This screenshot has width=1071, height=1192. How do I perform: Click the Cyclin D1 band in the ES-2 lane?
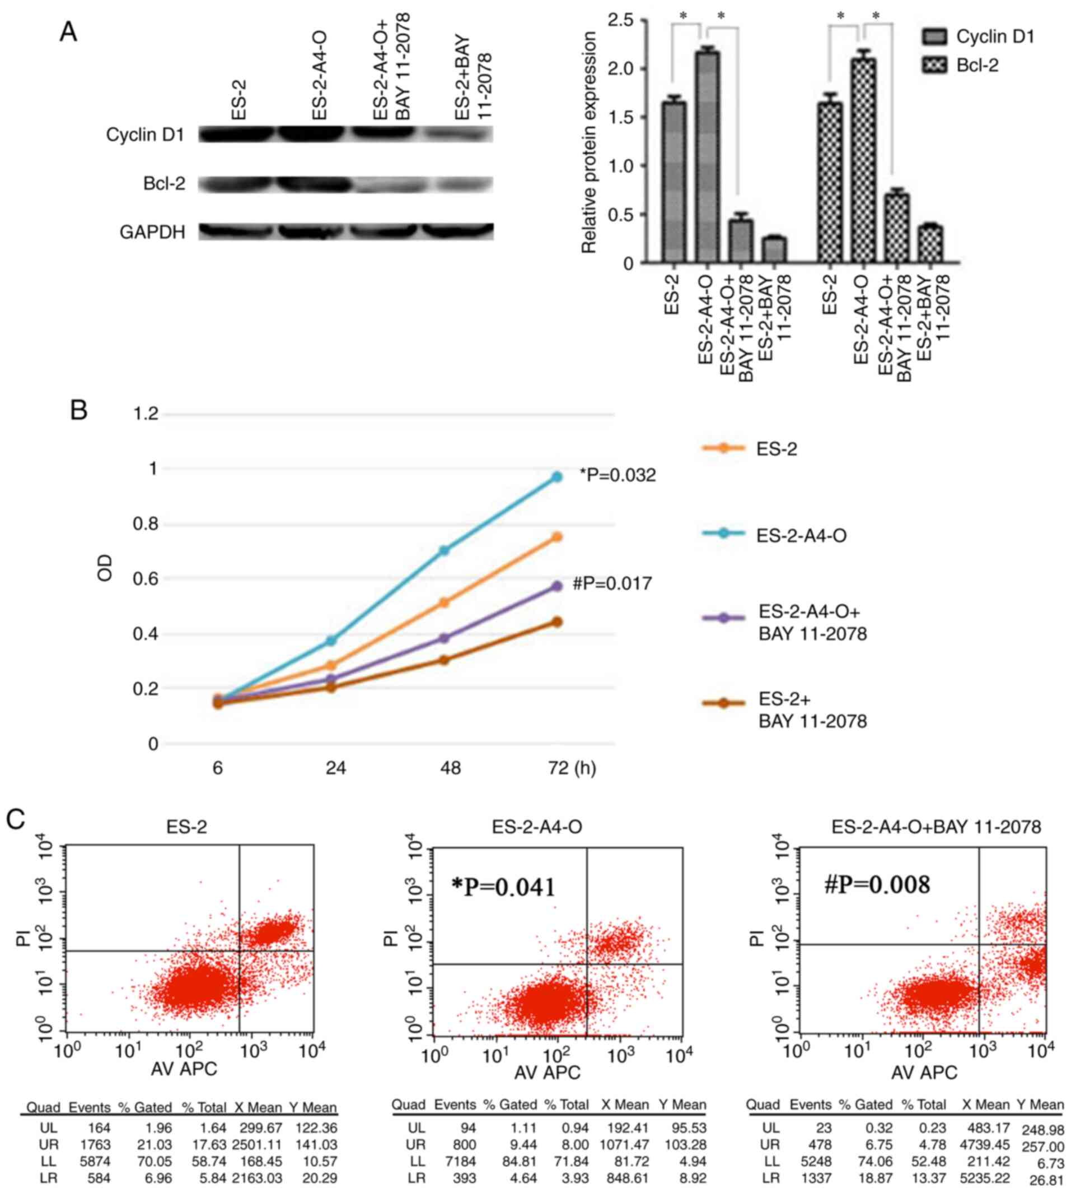coord(237,134)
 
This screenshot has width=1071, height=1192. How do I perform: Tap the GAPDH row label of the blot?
coord(152,233)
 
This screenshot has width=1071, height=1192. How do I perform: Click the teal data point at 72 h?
coord(556,477)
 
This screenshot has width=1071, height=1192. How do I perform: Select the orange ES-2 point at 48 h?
coord(445,602)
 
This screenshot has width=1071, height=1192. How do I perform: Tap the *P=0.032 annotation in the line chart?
coord(618,475)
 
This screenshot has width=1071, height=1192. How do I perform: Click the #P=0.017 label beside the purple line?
coord(611,583)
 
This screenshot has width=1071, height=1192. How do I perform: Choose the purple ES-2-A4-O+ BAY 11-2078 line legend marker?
coord(724,618)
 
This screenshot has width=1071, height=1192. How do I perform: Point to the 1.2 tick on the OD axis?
coord(146,415)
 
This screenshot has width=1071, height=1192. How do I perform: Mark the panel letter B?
coord(78,410)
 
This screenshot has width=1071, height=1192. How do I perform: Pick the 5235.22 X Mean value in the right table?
coord(986,1162)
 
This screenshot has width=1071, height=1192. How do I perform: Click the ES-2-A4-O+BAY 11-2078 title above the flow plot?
coord(936,827)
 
